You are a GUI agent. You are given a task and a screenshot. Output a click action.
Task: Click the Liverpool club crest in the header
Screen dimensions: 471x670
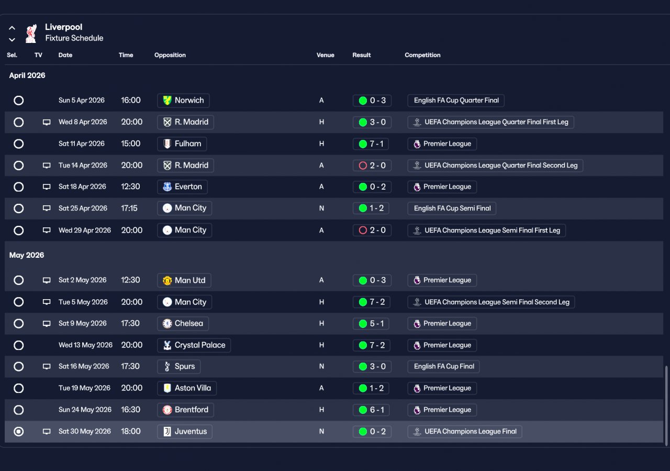coord(31,33)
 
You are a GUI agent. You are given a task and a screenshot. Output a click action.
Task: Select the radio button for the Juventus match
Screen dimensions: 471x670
coord(19,432)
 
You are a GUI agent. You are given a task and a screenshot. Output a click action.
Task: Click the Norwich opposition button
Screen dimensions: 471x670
coord(183,101)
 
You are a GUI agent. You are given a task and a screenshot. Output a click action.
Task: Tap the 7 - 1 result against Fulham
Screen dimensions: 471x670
coord(372,144)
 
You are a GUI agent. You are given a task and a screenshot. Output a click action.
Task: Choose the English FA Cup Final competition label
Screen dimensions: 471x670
coord(443,367)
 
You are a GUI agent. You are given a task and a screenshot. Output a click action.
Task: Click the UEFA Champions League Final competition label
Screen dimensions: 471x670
coord(464,432)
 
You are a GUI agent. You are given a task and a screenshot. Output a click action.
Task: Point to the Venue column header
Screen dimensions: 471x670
coord(325,55)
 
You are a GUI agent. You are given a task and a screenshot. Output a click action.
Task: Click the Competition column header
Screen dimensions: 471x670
coord(422,55)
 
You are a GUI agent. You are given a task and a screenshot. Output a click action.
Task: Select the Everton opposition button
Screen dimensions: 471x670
coord(182,187)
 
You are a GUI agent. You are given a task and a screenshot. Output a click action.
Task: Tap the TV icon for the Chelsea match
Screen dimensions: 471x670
coord(47,324)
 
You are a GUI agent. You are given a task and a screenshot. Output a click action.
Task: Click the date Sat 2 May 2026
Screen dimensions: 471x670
coord(82,280)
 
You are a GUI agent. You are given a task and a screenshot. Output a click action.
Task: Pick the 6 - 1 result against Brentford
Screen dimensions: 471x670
coord(372,410)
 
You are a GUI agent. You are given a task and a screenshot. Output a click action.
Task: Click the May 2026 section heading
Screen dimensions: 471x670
coord(27,255)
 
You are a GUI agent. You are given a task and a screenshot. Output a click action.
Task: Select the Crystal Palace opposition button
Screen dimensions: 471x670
coord(194,345)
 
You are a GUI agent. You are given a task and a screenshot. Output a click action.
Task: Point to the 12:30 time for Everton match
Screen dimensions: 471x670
coord(130,187)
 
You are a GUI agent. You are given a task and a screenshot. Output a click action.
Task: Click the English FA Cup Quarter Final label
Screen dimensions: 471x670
coord(456,101)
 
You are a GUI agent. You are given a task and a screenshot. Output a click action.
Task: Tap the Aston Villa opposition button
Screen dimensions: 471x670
coord(187,388)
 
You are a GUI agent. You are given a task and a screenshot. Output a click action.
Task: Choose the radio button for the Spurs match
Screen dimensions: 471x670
coord(19,367)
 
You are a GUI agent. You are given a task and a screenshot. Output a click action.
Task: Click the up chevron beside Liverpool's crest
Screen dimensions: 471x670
coord(12,28)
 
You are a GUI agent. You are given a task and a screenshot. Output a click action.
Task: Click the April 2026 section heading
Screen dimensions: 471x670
coord(27,75)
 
